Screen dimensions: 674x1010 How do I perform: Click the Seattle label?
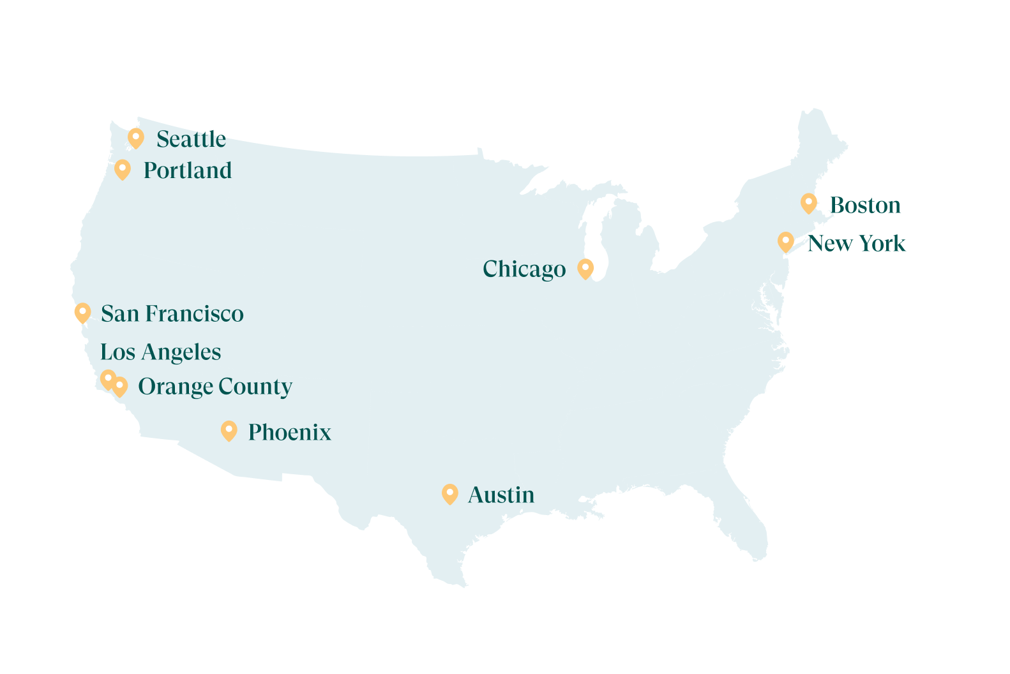191,139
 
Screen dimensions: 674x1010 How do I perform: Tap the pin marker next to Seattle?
135,138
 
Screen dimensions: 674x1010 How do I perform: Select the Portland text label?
187,170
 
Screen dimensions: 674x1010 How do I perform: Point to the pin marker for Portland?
123,170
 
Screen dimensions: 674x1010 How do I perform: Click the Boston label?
865,206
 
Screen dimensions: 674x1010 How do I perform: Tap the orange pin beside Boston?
808,204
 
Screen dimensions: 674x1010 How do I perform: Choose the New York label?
856,243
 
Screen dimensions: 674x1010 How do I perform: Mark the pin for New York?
785,242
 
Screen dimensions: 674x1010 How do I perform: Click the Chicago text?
524,269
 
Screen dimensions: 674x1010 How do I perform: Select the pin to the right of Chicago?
585,269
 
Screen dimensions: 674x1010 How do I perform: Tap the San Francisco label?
172,313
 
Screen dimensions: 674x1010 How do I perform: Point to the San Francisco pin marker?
82,313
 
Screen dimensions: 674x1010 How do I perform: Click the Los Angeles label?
161,352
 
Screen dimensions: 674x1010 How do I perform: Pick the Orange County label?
215,387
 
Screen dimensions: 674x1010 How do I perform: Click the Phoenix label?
289,432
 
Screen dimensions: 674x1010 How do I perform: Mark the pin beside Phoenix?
229,431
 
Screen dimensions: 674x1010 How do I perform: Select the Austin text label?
501,495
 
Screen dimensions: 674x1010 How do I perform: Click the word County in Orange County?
255,387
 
